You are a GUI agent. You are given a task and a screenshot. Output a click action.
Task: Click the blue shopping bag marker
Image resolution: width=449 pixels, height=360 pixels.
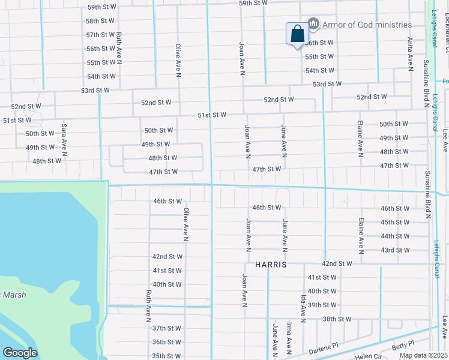click(297, 34)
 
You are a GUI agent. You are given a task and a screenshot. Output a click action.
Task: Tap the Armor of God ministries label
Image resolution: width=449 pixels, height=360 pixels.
click(367, 25)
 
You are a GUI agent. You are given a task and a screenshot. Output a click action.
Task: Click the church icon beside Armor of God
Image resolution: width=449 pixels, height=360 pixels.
click(313, 24)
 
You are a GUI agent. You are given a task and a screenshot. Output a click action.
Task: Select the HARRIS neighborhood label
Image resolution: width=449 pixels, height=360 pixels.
click(271, 264)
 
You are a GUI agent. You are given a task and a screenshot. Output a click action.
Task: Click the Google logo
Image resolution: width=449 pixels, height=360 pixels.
click(19, 353)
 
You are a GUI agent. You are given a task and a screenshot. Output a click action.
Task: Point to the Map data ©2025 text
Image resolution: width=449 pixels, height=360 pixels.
click(423, 355)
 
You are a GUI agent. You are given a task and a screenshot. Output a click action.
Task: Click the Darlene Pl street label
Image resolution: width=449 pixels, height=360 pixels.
click(324, 349)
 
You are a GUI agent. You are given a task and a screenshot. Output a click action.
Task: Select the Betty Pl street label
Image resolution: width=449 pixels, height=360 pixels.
click(403, 344)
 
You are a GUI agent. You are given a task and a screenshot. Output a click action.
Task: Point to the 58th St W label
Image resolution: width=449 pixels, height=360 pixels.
click(100, 20)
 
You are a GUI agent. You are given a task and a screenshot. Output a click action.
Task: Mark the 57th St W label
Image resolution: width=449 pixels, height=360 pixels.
click(100, 35)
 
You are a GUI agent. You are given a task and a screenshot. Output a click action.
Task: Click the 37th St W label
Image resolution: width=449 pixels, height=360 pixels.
click(166, 328)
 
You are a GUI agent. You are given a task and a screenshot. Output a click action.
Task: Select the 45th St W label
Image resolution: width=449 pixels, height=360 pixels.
click(395, 222)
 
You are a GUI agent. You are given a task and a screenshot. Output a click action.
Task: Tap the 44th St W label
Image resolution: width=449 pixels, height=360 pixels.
click(395, 236)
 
